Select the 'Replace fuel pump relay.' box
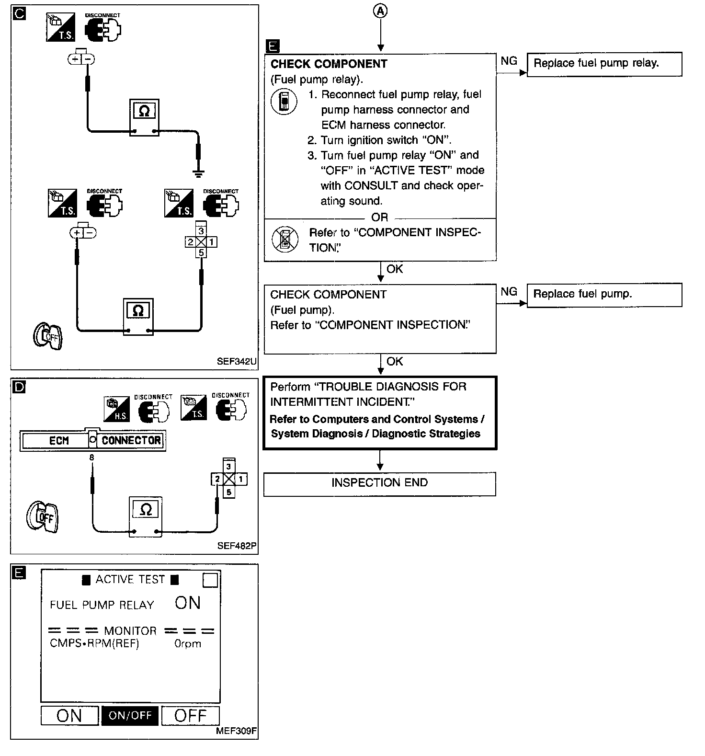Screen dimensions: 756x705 (x=604, y=64)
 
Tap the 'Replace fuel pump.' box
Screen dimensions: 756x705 (x=604, y=295)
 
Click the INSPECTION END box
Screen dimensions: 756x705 (x=379, y=483)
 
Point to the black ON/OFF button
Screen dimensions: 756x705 (x=130, y=716)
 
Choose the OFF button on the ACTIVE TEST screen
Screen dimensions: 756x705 (x=190, y=716)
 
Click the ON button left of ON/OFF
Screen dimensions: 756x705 (x=69, y=716)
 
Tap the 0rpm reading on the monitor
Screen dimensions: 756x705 (x=188, y=644)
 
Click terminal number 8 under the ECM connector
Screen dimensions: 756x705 (x=91, y=458)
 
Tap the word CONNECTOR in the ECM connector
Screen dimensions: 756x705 (x=131, y=440)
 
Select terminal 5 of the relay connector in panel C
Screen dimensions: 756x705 (x=201, y=252)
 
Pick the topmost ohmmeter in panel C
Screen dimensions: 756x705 (x=144, y=117)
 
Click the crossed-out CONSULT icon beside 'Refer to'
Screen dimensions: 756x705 (x=284, y=239)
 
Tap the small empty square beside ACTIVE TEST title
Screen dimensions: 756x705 (x=210, y=580)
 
